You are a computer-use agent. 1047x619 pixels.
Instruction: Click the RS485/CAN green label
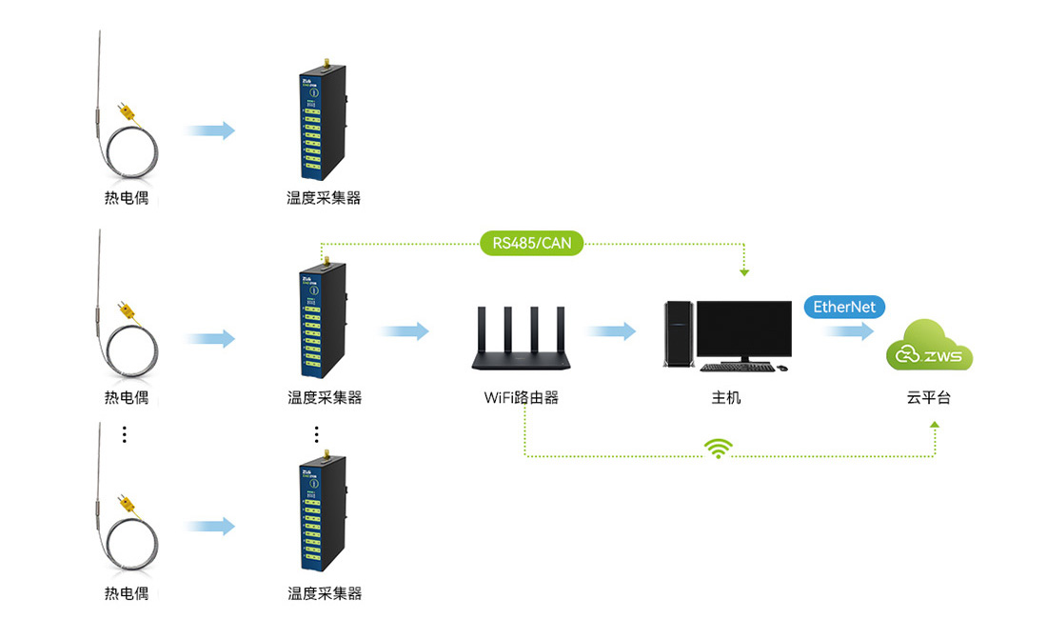click(532, 243)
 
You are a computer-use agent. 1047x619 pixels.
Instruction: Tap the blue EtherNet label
click(844, 307)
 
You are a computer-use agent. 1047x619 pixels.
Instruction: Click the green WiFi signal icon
click(719, 448)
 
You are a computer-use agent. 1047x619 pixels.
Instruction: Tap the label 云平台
click(929, 397)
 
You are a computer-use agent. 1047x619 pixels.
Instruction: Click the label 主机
click(726, 397)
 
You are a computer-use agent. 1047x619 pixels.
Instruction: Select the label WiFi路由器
click(521, 397)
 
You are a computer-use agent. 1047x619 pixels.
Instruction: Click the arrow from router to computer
click(611, 331)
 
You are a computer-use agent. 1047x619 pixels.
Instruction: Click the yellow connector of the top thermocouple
click(126, 111)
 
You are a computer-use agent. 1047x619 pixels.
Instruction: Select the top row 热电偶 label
click(126, 198)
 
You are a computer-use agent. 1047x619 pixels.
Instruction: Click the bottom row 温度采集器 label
click(325, 593)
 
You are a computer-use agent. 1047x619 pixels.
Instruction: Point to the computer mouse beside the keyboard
click(782, 368)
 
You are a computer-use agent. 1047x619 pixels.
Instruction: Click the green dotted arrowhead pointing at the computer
click(744, 272)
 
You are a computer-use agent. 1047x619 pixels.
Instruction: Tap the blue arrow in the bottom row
click(210, 526)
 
